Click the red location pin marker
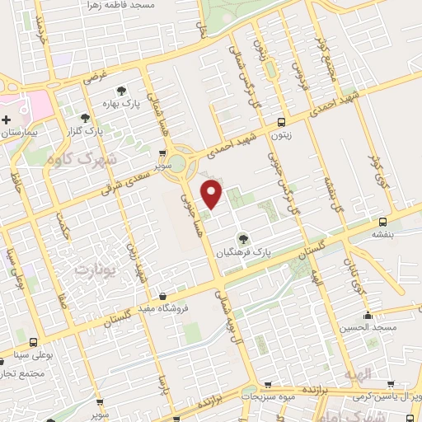(x=213, y=195)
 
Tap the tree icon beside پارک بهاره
(x=121, y=91)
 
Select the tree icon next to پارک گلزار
(x=85, y=118)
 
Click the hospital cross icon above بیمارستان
(x=6, y=120)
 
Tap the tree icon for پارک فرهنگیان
(x=241, y=238)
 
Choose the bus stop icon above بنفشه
(x=382, y=222)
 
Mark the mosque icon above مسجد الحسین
(x=368, y=316)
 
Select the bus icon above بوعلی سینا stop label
(x=33, y=342)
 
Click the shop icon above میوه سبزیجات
(x=267, y=385)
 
